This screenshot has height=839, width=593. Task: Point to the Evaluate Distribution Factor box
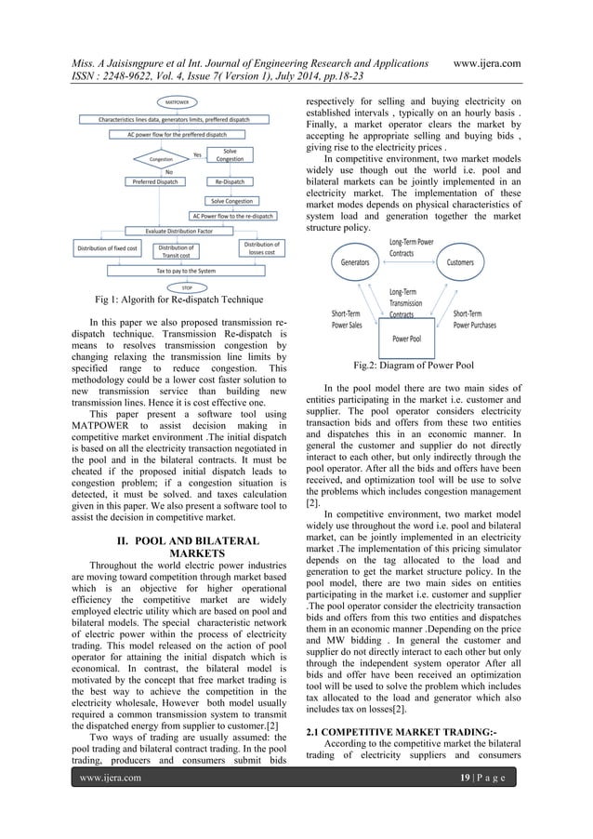pos(168,231)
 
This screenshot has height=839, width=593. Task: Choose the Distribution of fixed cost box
pos(107,250)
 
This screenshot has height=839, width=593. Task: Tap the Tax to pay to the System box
pos(175,271)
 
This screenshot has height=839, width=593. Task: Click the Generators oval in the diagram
pos(352,263)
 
